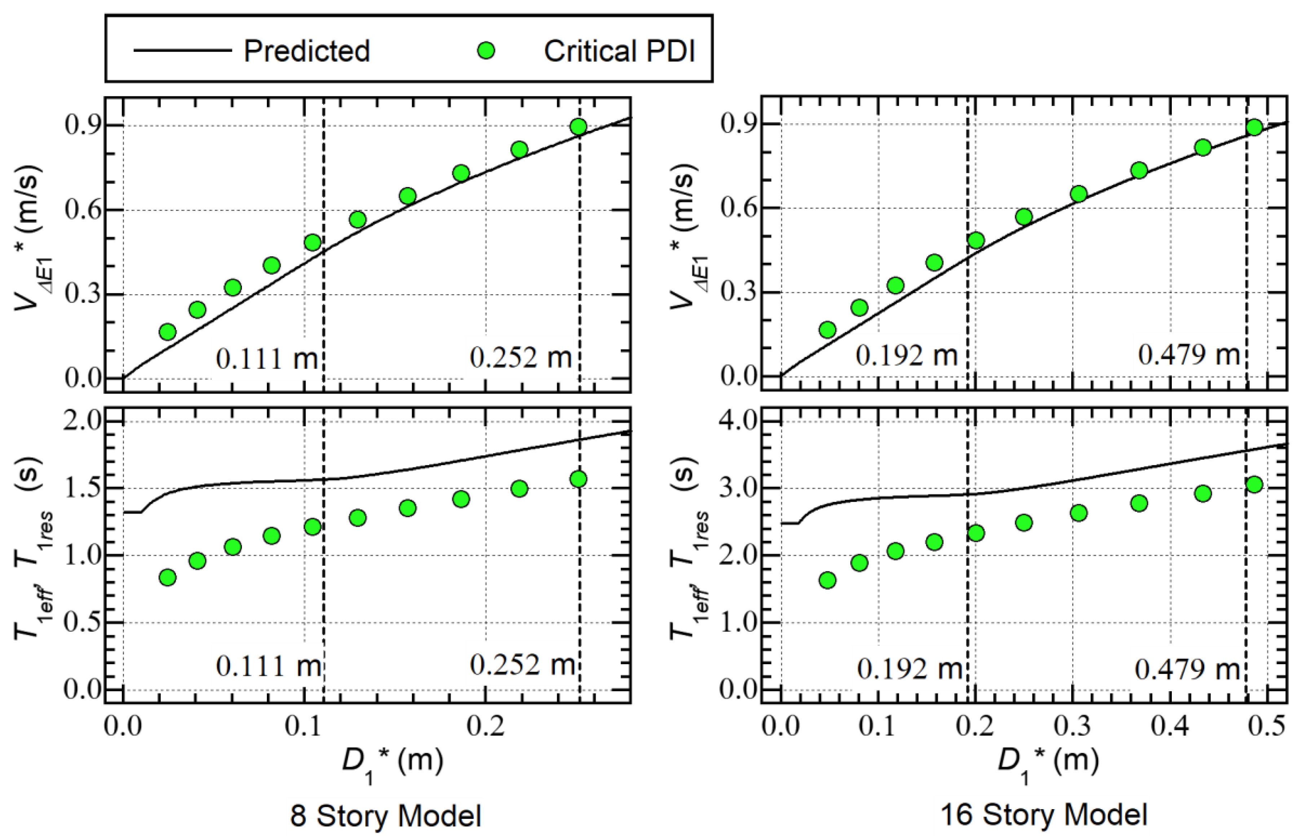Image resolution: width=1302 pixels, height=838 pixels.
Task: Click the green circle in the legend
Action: point(486,51)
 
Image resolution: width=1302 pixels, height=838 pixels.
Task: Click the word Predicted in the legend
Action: point(306,51)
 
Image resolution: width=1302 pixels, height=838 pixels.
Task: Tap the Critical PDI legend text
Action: point(619,51)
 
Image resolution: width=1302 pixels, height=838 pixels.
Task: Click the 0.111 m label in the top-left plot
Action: point(267,359)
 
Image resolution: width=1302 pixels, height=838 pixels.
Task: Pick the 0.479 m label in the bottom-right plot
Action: point(1187,668)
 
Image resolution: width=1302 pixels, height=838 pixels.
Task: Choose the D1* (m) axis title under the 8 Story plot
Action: point(392,762)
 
